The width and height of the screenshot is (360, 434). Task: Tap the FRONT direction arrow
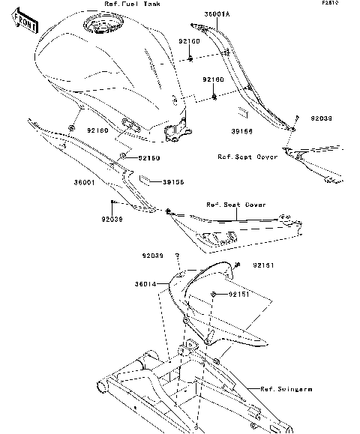point(25,25)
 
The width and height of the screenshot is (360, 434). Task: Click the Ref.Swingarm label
point(286,389)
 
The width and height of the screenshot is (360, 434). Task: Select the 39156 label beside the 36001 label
point(174,182)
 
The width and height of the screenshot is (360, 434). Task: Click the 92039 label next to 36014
point(152,256)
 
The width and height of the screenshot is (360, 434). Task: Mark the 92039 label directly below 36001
point(112,220)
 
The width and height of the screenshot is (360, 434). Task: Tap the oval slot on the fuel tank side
point(128,124)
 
